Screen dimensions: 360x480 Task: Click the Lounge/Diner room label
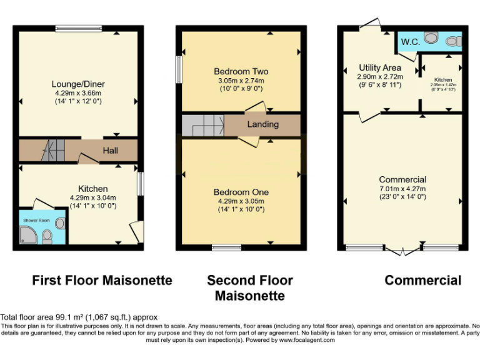point(78,84)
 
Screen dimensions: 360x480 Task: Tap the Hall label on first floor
point(111,151)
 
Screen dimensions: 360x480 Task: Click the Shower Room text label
point(36,221)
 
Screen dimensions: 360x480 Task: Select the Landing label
point(262,124)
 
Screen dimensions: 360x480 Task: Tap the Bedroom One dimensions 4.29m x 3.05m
point(240,201)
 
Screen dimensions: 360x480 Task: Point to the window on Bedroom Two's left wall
point(178,69)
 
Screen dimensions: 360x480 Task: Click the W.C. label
point(410,41)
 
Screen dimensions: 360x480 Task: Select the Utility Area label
point(380,67)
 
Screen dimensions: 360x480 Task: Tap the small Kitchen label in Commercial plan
point(443,80)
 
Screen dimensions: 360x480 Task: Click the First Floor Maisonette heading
point(102,281)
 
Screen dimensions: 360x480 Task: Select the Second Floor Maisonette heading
point(250,287)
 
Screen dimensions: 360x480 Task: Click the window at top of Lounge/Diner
point(78,28)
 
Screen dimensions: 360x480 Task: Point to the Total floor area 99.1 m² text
point(79,317)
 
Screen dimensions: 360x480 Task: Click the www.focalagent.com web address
point(307,340)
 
